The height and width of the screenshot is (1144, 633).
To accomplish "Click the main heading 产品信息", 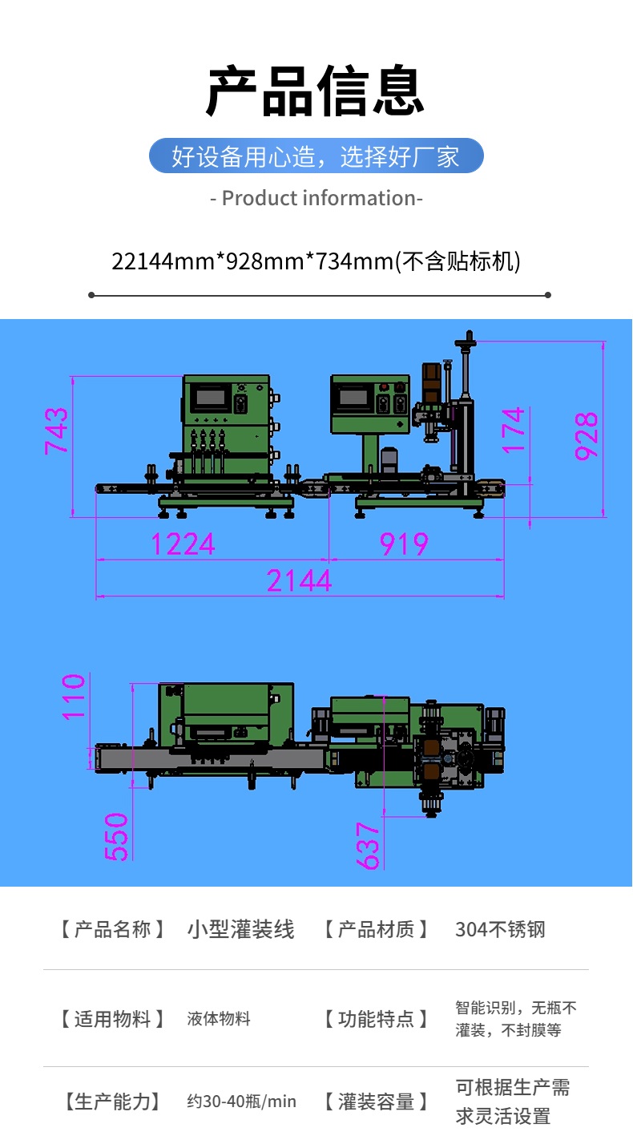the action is (x=315, y=91).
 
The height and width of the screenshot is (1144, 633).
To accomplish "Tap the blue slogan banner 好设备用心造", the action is (x=316, y=156).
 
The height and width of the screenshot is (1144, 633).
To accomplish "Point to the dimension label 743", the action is (x=56, y=431).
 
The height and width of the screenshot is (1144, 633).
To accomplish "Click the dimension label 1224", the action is (x=183, y=544).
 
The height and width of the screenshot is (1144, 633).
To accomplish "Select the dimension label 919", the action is (x=404, y=544).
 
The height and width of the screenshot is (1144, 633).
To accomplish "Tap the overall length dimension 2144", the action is (x=299, y=580).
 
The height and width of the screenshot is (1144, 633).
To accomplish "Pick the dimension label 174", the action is (x=513, y=430).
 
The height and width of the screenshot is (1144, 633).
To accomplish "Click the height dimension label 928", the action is (x=586, y=435).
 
